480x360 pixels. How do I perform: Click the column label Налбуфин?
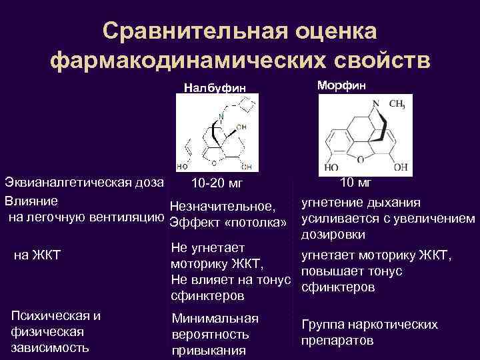215,87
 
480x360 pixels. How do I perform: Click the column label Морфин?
341,85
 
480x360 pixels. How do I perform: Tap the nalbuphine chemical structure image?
215,132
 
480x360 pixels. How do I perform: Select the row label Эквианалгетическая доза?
84,183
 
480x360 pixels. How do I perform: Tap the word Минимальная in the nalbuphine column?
215,319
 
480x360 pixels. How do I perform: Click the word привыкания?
209,351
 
